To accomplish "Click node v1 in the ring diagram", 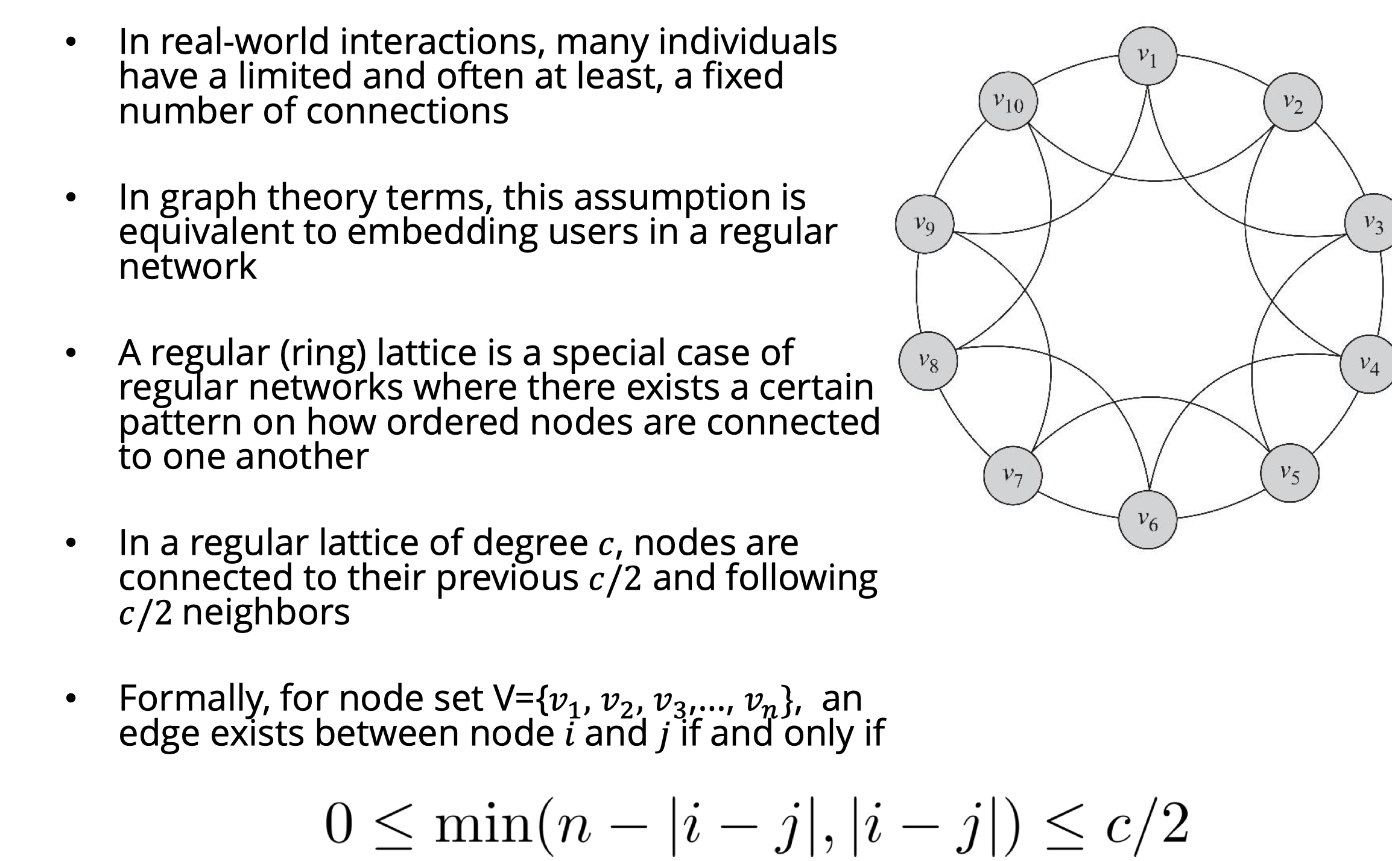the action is (x=1147, y=56).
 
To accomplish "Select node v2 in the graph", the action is (x=1292, y=102).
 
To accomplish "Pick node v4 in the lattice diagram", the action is (x=1368, y=364).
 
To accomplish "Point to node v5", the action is (x=1289, y=473).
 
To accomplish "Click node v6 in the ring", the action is (x=1147, y=520).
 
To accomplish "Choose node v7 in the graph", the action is (x=1013, y=476).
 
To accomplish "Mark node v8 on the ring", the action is (x=928, y=361).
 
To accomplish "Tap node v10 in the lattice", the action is (x=1008, y=102).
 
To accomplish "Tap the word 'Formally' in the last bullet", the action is (x=193, y=699).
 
